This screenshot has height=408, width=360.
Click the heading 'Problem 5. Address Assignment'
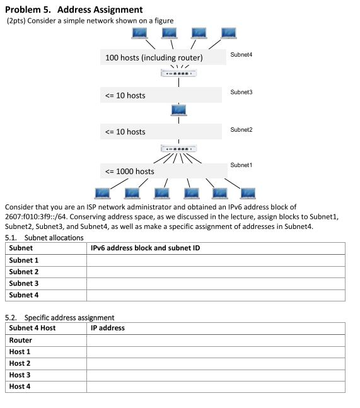point(74,9)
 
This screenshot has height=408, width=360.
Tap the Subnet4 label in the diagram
point(241,55)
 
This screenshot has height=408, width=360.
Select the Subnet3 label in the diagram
point(241,92)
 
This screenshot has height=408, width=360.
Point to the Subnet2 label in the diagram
point(241,129)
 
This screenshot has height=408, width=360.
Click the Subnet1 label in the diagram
point(241,165)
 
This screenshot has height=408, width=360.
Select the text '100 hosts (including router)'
point(154,58)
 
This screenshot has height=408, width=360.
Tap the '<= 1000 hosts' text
point(130,171)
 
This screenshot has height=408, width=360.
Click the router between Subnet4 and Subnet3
point(179,74)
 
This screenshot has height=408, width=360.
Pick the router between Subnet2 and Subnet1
point(179,149)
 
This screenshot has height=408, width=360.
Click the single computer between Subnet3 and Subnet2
point(179,110)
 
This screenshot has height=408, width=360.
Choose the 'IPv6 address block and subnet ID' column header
point(145,248)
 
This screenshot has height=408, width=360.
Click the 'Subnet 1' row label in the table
point(24,260)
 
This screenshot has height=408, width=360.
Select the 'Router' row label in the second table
point(21,340)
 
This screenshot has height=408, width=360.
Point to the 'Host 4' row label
point(20,387)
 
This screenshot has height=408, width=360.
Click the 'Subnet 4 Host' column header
point(32,328)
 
